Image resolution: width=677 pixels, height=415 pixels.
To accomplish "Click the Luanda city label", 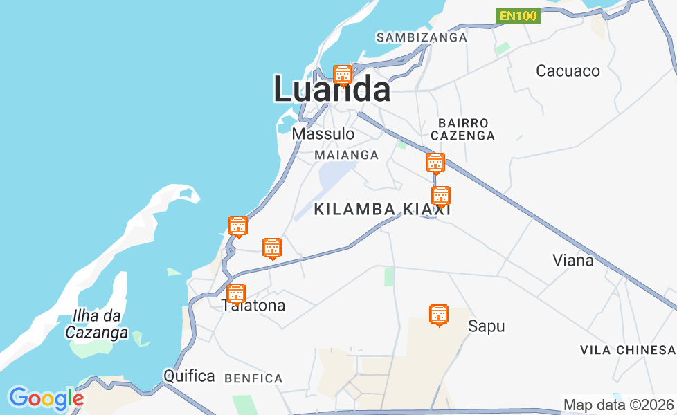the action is click(x=332, y=90).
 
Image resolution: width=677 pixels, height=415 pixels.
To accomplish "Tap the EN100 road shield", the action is click(x=518, y=15).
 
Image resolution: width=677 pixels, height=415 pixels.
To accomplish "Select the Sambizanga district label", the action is click(x=422, y=37).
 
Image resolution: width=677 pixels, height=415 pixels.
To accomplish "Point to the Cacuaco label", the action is click(x=568, y=71).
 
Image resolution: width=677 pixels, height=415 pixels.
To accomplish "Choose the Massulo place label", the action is click(x=323, y=133).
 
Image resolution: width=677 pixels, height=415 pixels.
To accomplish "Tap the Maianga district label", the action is click(x=347, y=155).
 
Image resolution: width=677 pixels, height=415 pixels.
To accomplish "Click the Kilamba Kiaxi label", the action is click(x=382, y=209).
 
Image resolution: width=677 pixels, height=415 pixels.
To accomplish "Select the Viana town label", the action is click(x=573, y=260).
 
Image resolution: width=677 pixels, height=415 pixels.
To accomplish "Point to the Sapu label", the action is click(x=487, y=326).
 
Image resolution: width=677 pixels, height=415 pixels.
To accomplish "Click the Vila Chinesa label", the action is click(x=627, y=350).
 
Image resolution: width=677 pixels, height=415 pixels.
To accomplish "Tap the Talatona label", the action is click(x=253, y=306).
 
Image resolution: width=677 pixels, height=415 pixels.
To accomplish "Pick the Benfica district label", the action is click(x=253, y=378).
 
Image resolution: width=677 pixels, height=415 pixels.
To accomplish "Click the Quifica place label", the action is click(x=189, y=376).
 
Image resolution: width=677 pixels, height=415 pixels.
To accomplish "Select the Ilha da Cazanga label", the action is click(x=97, y=324).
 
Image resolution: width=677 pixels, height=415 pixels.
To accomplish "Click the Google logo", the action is click(x=46, y=398).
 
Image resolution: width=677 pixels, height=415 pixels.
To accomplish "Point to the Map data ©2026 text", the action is click(x=619, y=405).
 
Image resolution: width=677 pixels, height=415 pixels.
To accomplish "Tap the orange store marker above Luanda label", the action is click(x=342, y=75).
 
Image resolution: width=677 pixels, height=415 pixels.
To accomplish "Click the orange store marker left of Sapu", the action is click(x=438, y=315).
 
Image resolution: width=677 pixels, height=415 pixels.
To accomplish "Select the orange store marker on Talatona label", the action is click(x=236, y=293).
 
